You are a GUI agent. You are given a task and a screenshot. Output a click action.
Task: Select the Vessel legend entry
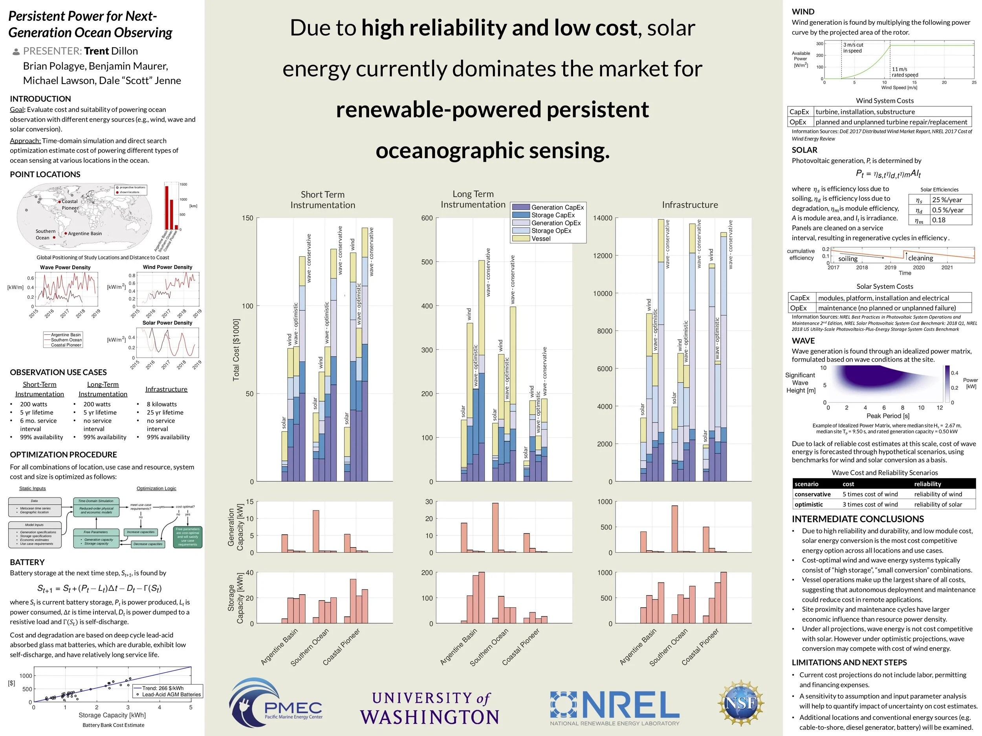pos(541,239)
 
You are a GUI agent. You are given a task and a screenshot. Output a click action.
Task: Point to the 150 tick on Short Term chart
pos(248,218)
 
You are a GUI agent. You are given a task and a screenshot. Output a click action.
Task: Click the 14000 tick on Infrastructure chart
pos(603,218)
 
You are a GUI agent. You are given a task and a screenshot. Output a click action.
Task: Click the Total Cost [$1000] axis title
pos(236,350)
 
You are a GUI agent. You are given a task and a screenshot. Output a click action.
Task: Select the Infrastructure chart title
pos(689,205)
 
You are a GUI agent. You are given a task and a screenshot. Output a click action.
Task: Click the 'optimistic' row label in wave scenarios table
pos(808,504)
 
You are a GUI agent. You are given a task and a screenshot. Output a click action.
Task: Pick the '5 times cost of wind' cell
pos(870,494)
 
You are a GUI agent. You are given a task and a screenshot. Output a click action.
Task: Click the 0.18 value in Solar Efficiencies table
pos(938,220)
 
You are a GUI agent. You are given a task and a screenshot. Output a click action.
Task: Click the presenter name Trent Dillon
pos(111,51)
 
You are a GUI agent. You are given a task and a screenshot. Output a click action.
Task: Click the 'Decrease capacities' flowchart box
pos(148,544)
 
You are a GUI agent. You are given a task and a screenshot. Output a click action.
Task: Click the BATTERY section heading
pos(27,562)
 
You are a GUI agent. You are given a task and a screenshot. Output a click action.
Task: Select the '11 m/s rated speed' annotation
pos(905,72)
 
